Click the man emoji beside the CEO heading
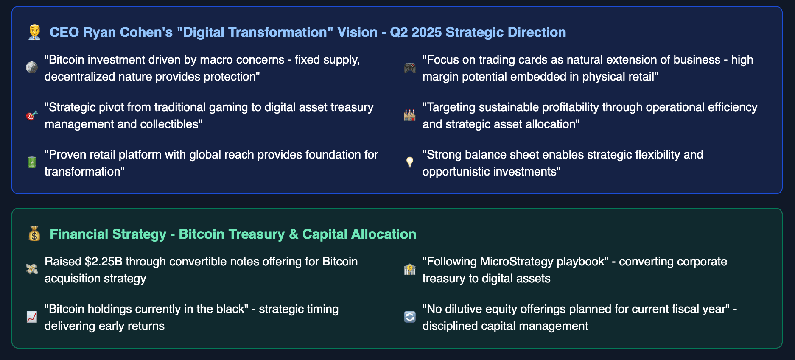(x=34, y=32)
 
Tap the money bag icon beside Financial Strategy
(x=34, y=234)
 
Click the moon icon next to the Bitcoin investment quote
(x=32, y=67)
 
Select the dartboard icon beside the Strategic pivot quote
(x=32, y=115)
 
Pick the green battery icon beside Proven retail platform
(x=32, y=162)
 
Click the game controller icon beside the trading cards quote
(x=410, y=68)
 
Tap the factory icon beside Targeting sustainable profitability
(x=410, y=115)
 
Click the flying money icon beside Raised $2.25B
(x=32, y=269)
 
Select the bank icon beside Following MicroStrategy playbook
(x=410, y=269)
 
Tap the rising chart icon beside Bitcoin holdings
(x=32, y=317)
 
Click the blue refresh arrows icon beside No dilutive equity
(x=410, y=317)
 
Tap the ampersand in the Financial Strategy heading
(x=294, y=234)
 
